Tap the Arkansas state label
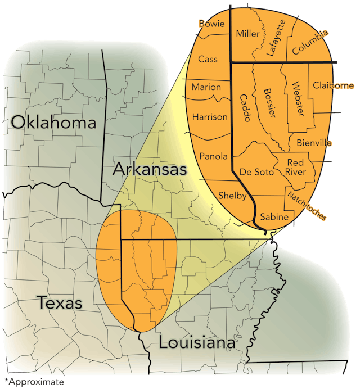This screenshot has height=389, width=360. click(149, 169)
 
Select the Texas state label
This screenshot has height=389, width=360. click(60, 303)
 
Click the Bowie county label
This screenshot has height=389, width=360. click(211, 24)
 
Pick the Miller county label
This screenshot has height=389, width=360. click(248, 34)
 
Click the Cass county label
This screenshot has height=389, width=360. click(208, 59)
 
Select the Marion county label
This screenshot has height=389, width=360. click(206, 87)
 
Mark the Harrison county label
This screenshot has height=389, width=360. click(210, 117)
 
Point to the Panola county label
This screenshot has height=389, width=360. click(213, 156)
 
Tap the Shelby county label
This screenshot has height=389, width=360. click(232, 196)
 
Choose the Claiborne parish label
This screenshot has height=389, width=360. click(334, 85)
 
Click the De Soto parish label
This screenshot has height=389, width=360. click(256, 172)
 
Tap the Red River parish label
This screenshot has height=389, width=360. click(296, 167)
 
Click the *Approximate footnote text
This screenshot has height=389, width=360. click(34, 382)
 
